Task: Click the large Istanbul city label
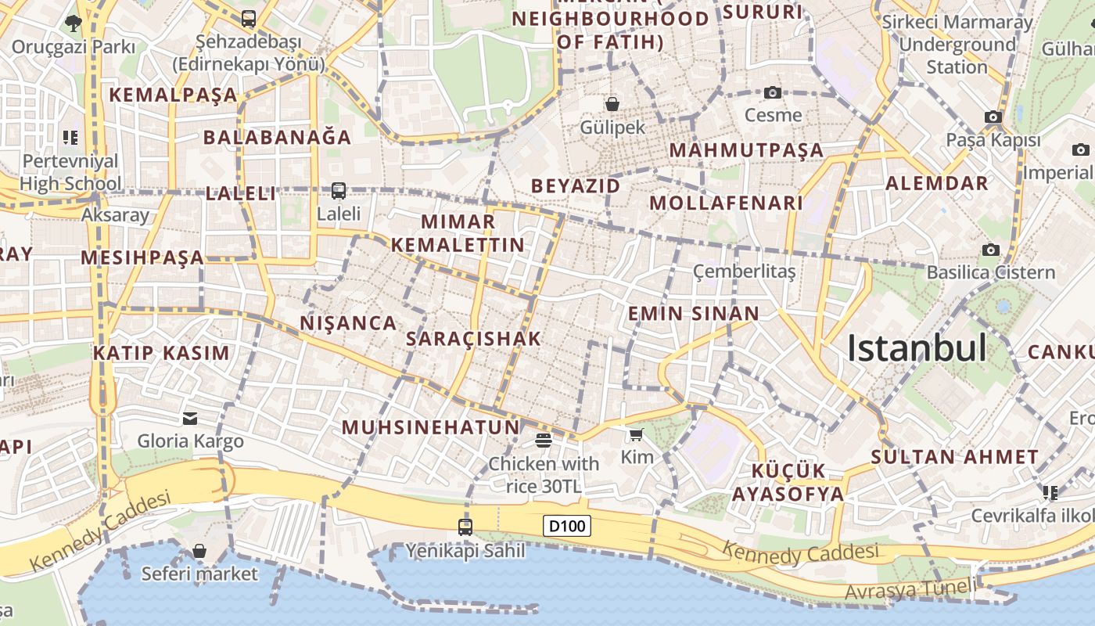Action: point(917,348)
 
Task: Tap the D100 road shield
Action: point(567,526)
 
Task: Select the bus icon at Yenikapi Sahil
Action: point(465,527)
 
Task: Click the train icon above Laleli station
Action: point(339,190)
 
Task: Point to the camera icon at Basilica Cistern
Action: point(991,250)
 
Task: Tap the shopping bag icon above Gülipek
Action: point(612,103)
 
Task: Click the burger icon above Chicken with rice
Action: point(544,440)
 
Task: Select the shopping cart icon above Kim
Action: point(636,434)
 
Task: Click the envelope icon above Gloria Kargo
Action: point(190,418)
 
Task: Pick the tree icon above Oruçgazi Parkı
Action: point(74,23)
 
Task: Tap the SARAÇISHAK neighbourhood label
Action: point(473,339)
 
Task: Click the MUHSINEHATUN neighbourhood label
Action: point(431,427)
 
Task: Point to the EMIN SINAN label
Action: point(693,314)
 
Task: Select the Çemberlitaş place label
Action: point(744,272)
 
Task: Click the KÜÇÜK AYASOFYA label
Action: point(788,482)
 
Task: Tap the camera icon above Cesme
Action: point(773,92)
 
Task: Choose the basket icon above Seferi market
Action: point(199,551)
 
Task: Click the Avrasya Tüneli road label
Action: point(910,589)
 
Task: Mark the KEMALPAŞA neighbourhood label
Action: point(173,95)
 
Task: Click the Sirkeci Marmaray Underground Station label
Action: point(957,44)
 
